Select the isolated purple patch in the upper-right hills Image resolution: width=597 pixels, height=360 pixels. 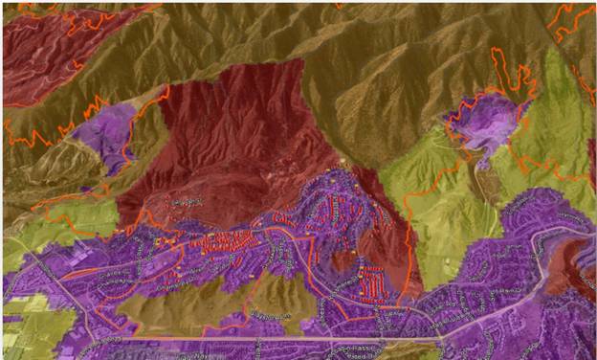(x=482, y=124)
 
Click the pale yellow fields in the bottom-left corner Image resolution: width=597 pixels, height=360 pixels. (x=29, y=330)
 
